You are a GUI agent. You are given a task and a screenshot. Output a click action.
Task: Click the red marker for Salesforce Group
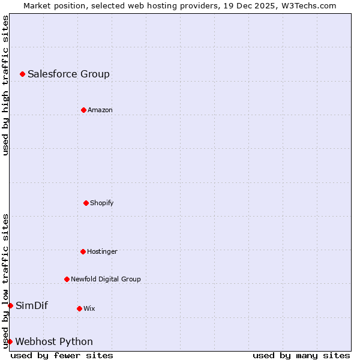(x=22, y=74)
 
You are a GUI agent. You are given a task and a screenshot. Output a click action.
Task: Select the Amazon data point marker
(x=83, y=110)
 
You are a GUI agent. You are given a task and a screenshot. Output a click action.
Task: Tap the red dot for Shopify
(x=86, y=203)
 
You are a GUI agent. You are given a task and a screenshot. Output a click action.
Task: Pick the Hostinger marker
(x=83, y=251)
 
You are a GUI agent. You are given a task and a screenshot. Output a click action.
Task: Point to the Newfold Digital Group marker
(x=67, y=279)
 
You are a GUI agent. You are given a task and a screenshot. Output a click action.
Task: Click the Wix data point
(x=79, y=308)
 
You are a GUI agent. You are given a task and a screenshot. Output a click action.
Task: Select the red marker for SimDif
(x=10, y=305)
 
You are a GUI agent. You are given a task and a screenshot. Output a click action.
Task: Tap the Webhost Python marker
(x=10, y=341)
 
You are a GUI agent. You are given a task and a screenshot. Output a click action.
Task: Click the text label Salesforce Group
(x=68, y=74)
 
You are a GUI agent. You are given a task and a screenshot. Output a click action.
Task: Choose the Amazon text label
(x=100, y=110)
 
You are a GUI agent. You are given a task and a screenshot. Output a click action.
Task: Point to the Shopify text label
(x=102, y=203)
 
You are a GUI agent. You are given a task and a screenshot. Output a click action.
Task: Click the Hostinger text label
(x=102, y=251)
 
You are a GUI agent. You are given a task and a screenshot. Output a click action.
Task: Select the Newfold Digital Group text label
(x=106, y=279)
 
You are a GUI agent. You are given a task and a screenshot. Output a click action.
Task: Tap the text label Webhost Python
(x=54, y=341)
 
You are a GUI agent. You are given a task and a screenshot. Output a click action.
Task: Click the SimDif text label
(x=32, y=305)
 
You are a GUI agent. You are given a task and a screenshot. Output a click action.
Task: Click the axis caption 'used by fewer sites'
(x=62, y=355)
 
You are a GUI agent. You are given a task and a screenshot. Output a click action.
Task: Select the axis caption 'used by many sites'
(x=301, y=355)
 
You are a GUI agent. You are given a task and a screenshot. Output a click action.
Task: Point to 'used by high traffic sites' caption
(x=5, y=85)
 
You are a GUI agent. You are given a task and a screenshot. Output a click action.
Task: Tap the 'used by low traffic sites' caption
(x=5, y=281)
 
